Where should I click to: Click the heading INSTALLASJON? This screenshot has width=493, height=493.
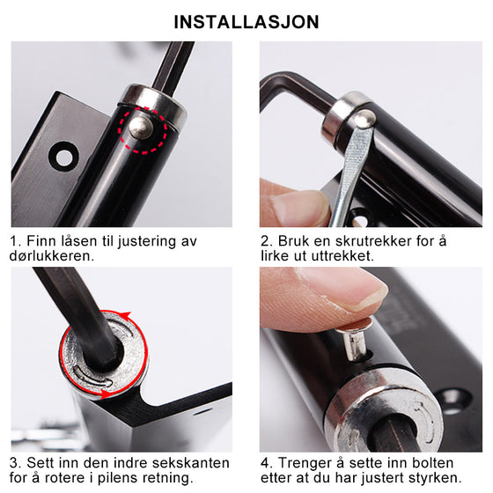click(246, 21)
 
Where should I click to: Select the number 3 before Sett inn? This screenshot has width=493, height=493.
click(15, 462)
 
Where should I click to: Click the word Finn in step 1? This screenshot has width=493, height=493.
click(40, 240)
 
